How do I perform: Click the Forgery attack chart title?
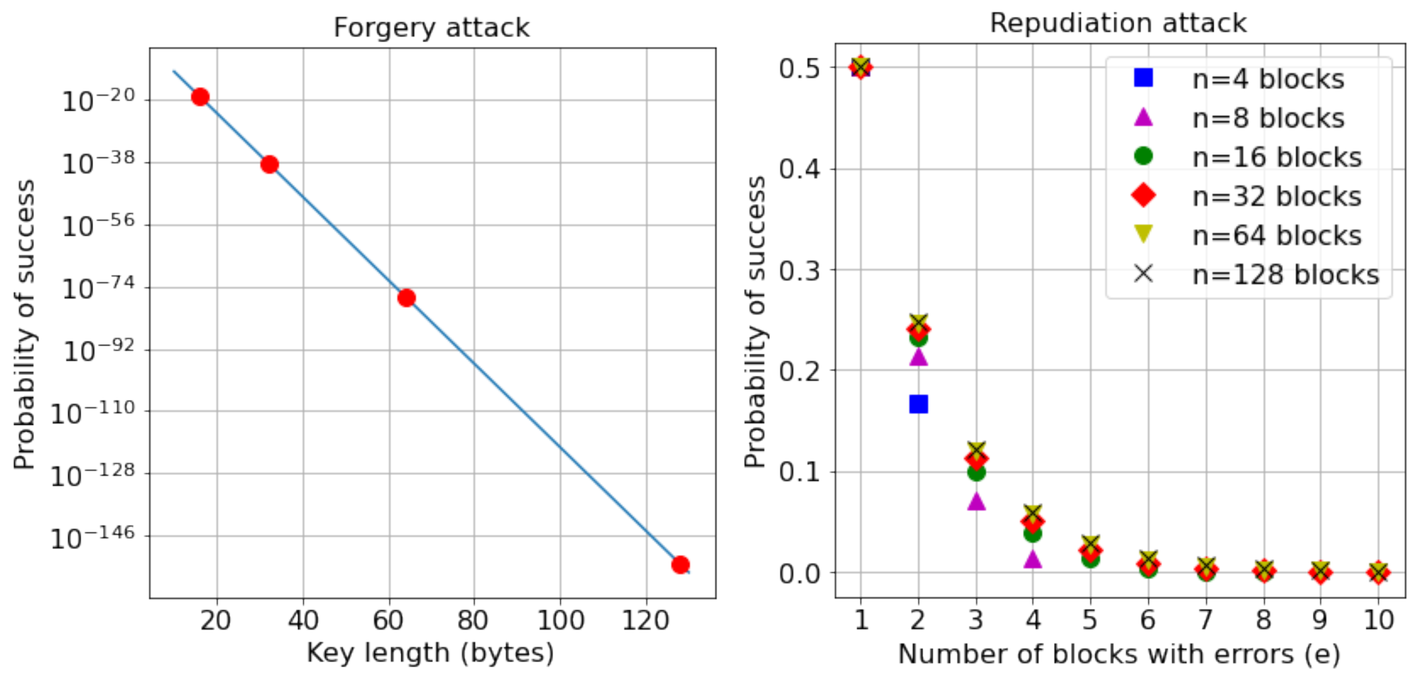point(431,27)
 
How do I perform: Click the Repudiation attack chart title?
point(1118,23)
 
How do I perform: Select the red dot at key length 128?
point(680,564)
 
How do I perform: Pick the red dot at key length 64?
point(406,298)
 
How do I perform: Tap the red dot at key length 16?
point(200,97)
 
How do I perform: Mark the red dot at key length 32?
point(269,164)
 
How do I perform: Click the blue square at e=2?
point(918,404)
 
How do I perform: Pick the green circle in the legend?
point(1143,156)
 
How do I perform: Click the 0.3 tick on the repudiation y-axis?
point(799,271)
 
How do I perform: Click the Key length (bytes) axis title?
point(431,653)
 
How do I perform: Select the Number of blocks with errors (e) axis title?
point(1119,654)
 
